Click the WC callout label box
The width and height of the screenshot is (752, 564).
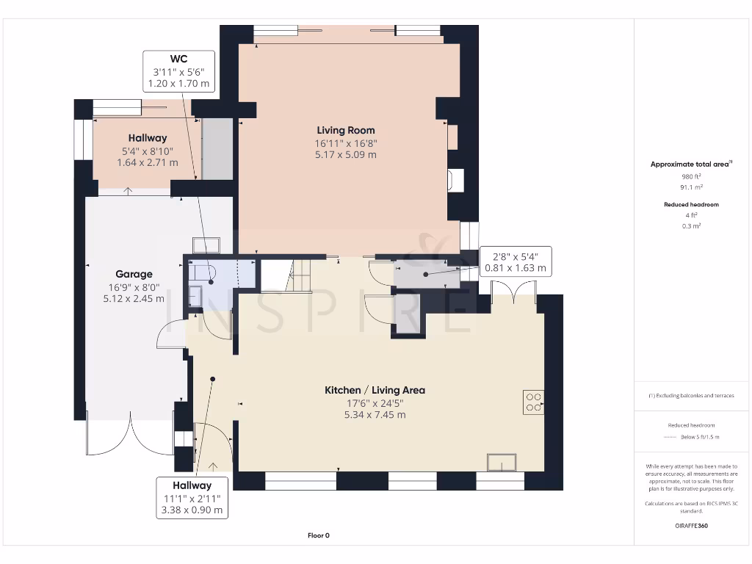[179, 71]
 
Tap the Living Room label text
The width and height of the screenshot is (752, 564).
[346, 131]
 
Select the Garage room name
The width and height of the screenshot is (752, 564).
[134, 274]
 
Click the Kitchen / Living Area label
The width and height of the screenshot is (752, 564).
[375, 390]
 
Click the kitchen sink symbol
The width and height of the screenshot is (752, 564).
[502, 462]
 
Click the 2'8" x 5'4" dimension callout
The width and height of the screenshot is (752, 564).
[515, 262]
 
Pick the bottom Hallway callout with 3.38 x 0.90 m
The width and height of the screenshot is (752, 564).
[192, 497]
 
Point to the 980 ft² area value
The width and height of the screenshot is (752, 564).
[691, 176]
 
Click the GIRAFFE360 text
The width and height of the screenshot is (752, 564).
[691, 526]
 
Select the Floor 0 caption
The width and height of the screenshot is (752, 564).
[318, 535]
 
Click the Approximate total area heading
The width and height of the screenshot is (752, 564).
[691, 164]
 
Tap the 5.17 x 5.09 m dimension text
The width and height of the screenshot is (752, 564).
[346, 155]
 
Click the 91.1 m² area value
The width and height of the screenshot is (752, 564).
[691, 187]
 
